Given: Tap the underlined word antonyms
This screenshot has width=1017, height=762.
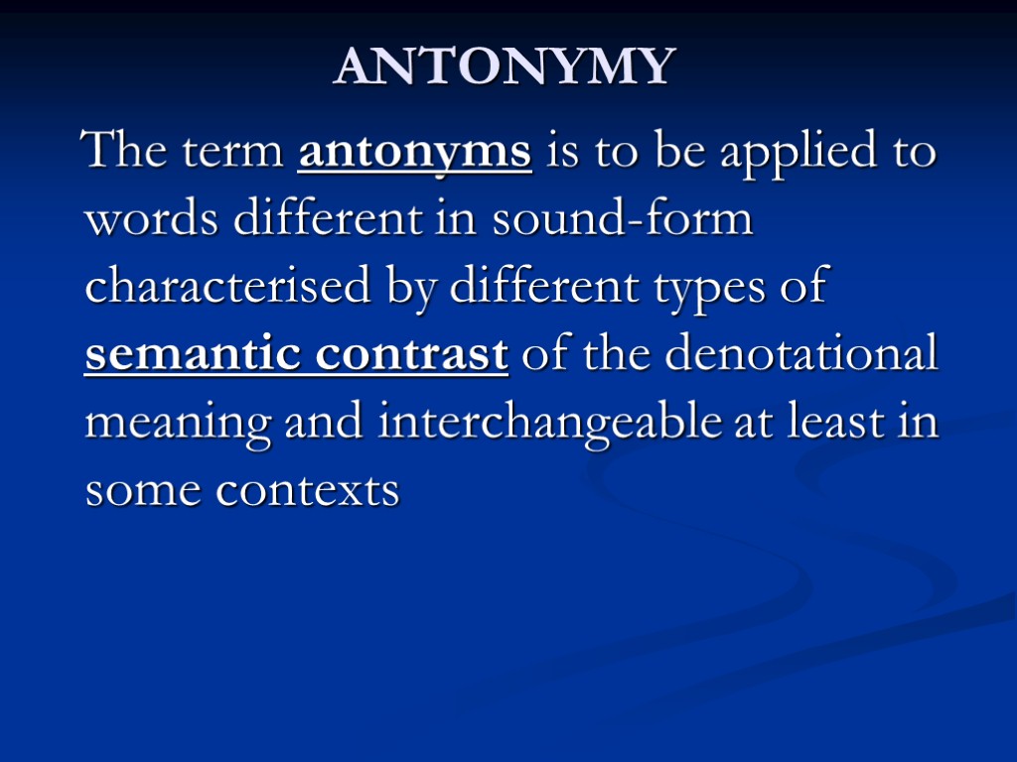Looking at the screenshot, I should point(414,154).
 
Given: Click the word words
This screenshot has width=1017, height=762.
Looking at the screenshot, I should point(152,221).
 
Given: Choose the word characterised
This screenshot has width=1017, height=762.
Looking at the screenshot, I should point(226,288).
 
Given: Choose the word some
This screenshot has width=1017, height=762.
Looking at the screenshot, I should point(143,490).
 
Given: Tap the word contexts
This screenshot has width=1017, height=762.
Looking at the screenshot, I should point(308,490).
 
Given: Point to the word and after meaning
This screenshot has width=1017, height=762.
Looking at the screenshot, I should point(324,422).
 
